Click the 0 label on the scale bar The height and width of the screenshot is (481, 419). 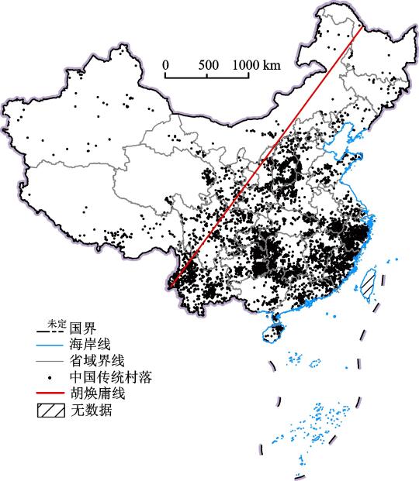pyautogui.click(x=165, y=65)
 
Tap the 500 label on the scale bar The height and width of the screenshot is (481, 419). pyautogui.click(x=209, y=65)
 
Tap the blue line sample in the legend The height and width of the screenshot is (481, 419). pyautogui.click(x=52, y=345)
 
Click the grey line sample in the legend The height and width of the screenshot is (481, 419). pyautogui.click(x=52, y=362)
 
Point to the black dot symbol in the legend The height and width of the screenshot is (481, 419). pyautogui.click(x=52, y=378)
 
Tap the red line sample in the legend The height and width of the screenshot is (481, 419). pyautogui.click(x=52, y=394)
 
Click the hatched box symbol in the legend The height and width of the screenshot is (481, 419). pyautogui.click(x=52, y=411)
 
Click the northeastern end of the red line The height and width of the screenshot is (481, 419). pyautogui.click(x=362, y=28)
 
